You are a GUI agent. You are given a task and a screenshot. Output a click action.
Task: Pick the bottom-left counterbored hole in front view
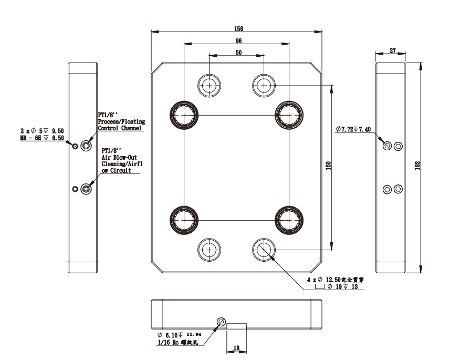tap(209, 248)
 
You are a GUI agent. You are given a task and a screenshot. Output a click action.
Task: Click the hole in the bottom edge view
tap(221, 322)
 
